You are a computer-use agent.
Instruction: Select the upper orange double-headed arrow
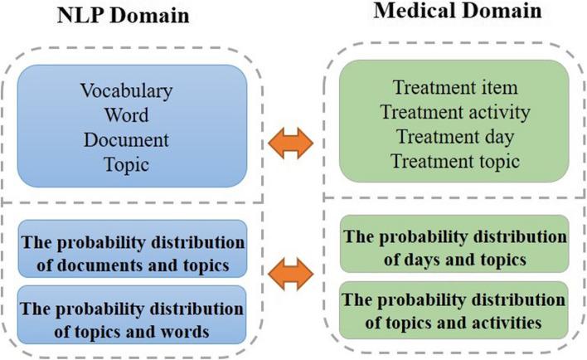coord(295,144)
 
